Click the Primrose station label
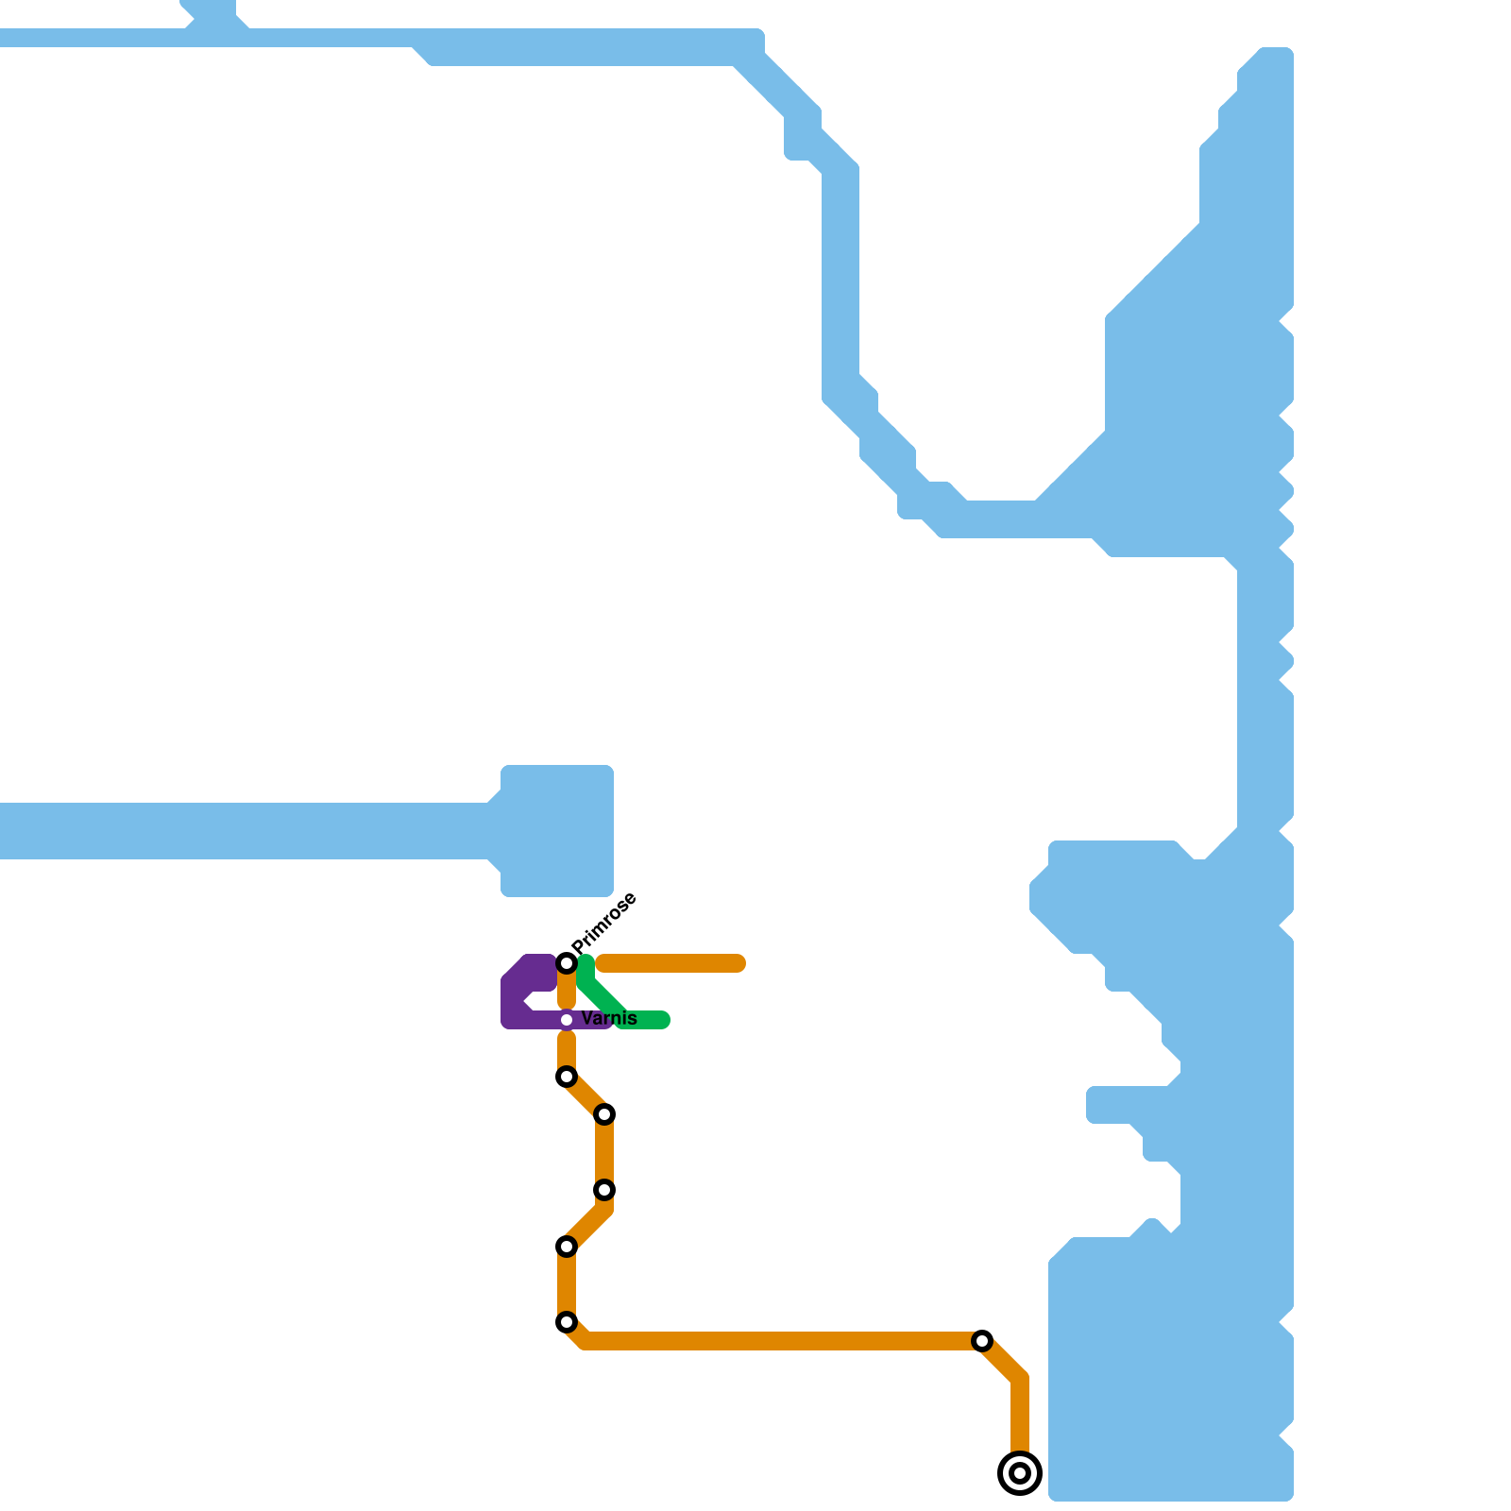click(605, 921)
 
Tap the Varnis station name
click(609, 1019)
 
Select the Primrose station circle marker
click(567, 963)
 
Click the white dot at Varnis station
click(567, 1020)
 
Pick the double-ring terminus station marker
click(1020, 1473)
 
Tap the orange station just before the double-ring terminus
click(982, 1341)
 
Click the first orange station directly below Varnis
click(567, 1077)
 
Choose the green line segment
click(604, 996)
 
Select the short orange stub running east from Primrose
click(671, 963)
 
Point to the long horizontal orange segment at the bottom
click(774, 1341)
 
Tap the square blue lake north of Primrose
click(557, 831)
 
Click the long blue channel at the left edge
click(236, 831)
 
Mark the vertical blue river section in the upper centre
click(840, 283)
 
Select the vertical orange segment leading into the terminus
click(1020, 1417)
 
